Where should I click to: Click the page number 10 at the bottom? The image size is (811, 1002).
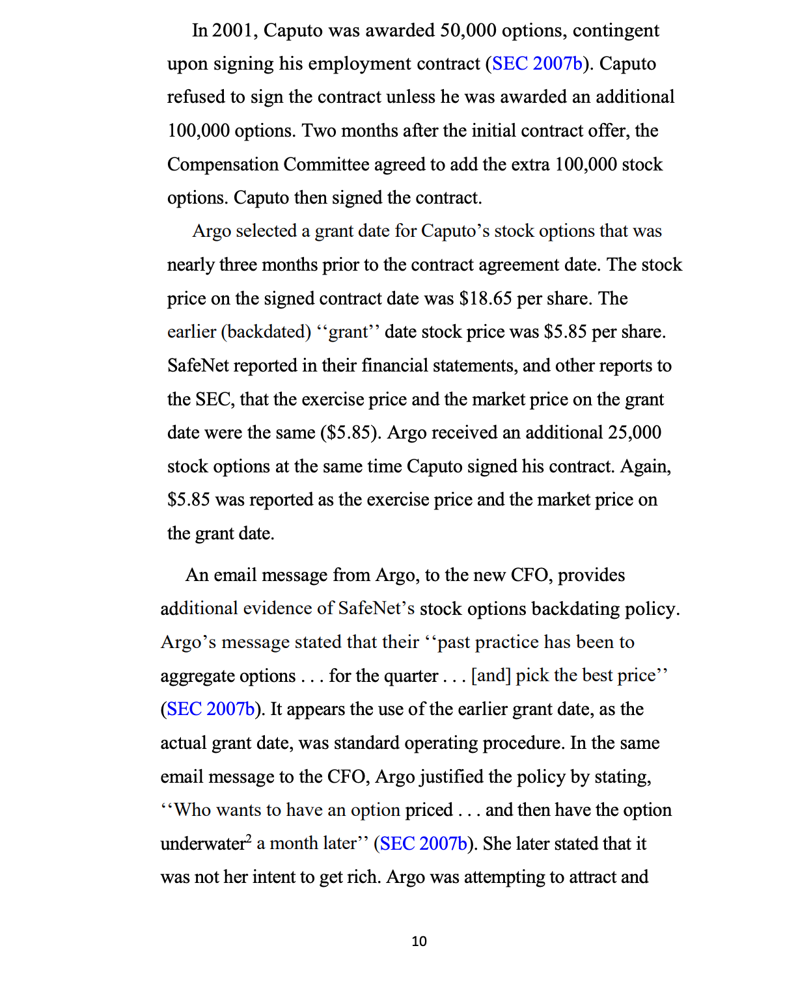click(x=419, y=941)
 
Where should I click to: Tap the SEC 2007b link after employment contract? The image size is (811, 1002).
click(x=537, y=64)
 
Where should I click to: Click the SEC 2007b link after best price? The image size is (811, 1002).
click(x=211, y=709)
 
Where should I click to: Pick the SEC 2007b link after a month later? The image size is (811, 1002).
click(x=424, y=844)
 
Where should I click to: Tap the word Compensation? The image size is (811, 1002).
click(x=223, y=165)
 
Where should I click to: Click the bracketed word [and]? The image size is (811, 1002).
click(x=491, y=676)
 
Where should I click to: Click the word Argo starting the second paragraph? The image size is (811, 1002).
click(x=212, y=232)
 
